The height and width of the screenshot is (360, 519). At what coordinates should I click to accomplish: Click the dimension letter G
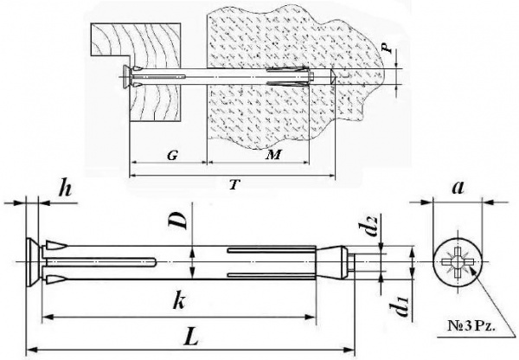click(x=172, y=155)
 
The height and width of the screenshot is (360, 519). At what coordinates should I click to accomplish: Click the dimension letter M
click(x=273, y=155)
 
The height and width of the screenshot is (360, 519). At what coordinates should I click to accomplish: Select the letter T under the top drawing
click(x=234, y=185)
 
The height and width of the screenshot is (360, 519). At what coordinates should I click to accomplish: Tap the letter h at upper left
click(x=65, y=190)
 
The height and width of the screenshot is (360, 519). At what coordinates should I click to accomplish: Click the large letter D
click(x=178, y=221)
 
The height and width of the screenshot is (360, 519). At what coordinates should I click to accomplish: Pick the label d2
click(x=369, y=226)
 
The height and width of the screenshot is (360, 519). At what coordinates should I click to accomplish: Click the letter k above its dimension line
click(x=179, y=301)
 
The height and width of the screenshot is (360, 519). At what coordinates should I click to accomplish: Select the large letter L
click(x=192, y=335)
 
